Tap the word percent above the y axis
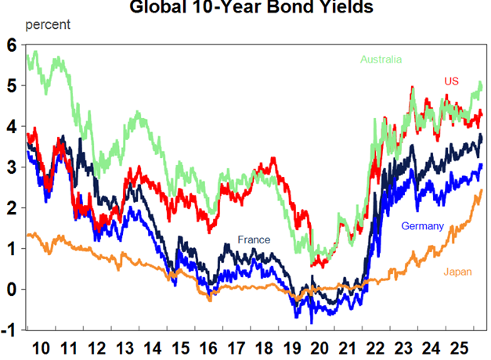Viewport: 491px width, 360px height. coord(48,23)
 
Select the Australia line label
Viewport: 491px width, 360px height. coord(381,59)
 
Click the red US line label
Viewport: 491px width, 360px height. coord(452,81)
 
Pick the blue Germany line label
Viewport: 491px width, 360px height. coord(422,226)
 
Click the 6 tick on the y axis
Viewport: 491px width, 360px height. coord(11,45)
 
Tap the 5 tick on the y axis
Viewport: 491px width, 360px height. coord(11,86)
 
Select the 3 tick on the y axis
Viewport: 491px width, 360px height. coord(11,167)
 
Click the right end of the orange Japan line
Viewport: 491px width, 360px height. coord(481,190)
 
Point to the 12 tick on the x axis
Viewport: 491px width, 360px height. coord(97,346)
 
